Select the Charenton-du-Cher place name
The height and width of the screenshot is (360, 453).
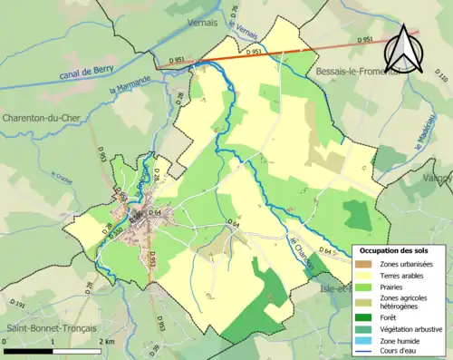44,117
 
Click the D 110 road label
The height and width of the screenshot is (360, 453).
442,79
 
